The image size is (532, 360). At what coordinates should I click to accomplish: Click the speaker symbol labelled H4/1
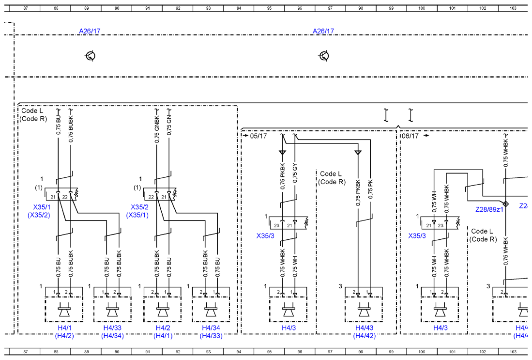(64, 310)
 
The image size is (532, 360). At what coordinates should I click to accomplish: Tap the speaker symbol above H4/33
(112, 310)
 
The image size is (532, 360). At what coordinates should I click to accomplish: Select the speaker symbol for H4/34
(211, 310)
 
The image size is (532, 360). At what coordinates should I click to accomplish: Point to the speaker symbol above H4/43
(364, 310)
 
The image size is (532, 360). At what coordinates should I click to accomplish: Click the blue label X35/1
(42, 207)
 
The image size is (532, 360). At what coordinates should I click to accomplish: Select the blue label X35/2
(139, 207)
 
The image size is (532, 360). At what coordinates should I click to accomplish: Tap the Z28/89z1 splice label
(489, 209)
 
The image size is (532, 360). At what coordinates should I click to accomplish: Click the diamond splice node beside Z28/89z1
(505, 204)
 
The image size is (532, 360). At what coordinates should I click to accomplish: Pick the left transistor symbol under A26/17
(90, 56)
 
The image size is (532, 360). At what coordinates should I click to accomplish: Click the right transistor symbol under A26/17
(324, 56)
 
